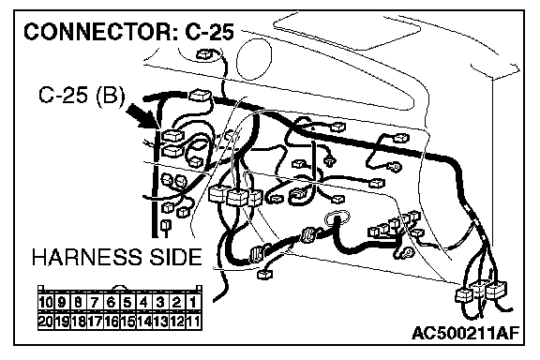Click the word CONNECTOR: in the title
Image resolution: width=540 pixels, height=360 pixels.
point(101,32)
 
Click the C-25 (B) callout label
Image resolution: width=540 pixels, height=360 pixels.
point(82,95)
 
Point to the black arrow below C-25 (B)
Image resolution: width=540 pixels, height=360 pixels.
point(142,115)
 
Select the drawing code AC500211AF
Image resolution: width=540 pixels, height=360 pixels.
point(465,333)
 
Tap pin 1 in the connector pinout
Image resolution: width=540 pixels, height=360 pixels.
point(193,303)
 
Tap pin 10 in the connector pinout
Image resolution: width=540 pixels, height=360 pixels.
point(45,303)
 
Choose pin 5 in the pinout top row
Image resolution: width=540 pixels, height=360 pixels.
point(127,303)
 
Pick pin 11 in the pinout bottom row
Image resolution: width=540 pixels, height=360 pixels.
point(193,322)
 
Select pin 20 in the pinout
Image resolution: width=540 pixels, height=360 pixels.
point(45,322)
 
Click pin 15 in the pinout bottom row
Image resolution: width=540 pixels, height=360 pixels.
point(127,322)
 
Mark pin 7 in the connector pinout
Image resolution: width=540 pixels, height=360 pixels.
point(95,303)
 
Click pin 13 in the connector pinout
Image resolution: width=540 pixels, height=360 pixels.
point(160,322)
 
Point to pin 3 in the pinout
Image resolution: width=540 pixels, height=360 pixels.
point(160,303)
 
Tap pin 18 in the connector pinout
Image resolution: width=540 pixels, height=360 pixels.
point(78,322)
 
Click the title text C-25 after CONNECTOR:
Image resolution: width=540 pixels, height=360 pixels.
point(209,32)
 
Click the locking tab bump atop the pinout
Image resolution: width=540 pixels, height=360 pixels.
point(119,288)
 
